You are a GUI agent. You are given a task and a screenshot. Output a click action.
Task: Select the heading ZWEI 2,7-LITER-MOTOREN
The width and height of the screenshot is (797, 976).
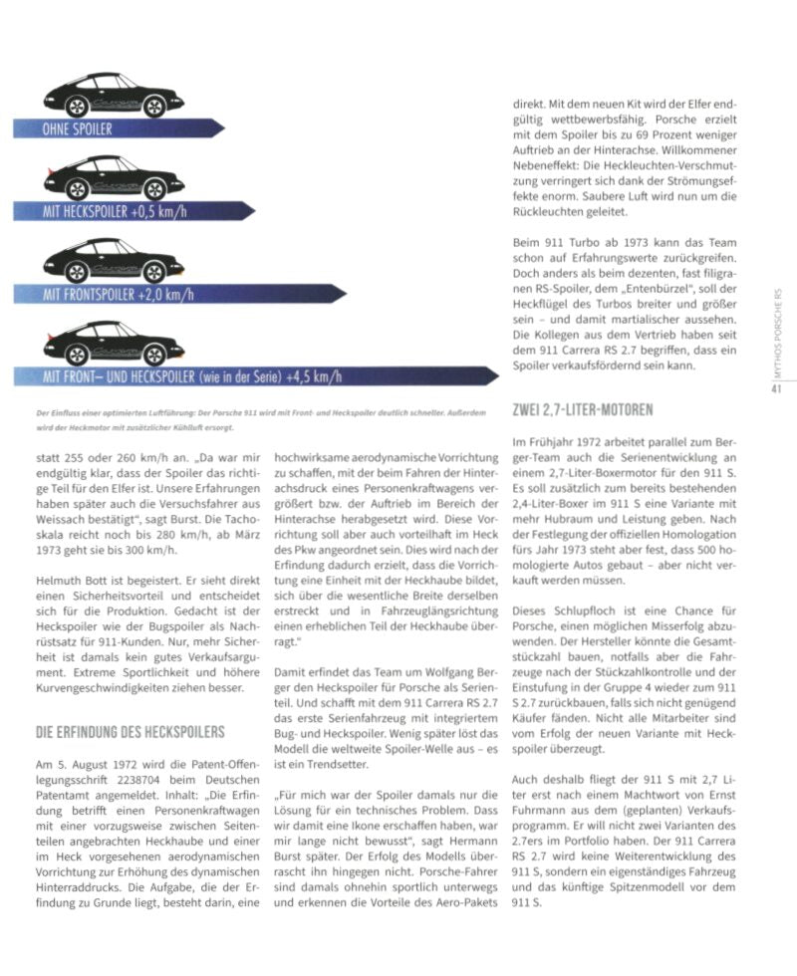(x=582, y=409)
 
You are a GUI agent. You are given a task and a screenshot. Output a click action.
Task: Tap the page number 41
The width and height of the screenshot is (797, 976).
(x=775, y=389)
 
